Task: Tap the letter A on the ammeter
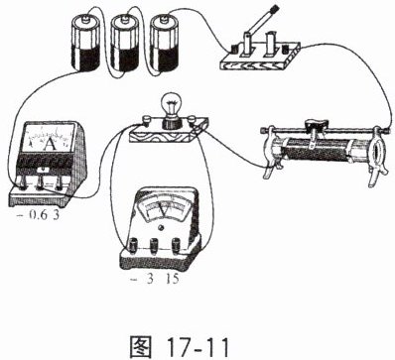51,144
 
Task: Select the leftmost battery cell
85,43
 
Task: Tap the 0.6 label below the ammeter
37,215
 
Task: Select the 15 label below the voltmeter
173,280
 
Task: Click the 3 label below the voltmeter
150,280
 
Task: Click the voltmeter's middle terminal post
155,245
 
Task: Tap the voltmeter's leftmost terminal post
135,245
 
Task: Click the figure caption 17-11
197,346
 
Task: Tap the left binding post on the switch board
234,50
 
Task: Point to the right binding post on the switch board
285,51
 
